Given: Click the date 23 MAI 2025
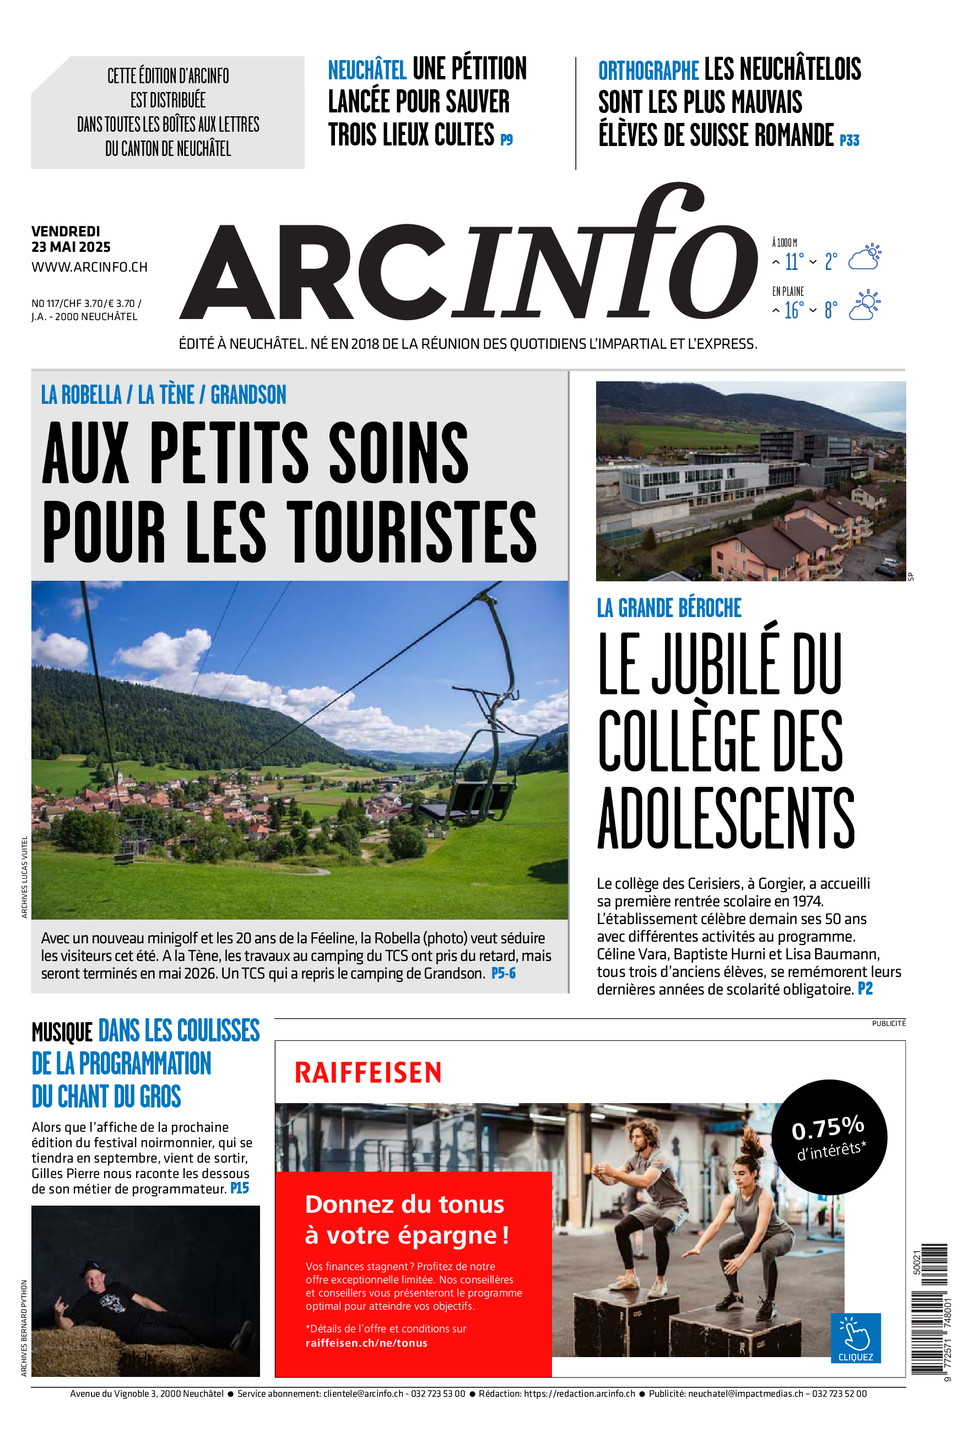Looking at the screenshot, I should tap(71, 247).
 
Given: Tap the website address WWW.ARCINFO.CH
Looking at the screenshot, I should tap(89, 267).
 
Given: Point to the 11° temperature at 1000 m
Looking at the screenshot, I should tap(794, 262).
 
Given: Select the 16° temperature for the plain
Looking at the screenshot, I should tap(794, 310).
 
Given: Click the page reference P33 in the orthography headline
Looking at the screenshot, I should tap(850, 141).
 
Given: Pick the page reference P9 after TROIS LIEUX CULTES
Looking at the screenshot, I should tap(506, 140).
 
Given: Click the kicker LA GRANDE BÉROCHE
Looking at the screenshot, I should tap(669, 608).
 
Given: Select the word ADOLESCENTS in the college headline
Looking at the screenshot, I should tap(726, 817).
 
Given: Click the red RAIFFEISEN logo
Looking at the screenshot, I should tap(368, 1073).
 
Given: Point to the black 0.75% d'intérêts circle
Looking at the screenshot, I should tap(829, 1136).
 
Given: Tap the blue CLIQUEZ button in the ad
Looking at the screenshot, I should tap(855, 1338).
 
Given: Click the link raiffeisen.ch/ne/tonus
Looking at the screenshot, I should tap(366, 1343).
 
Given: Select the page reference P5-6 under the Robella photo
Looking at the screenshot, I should tap(503, 974).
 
